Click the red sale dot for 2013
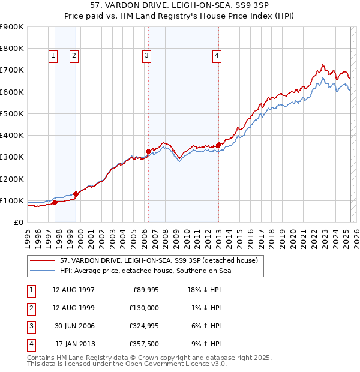pos(218,144)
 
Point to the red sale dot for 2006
pos(148,151)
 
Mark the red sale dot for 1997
pos(55,202)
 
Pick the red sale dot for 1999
pos(76,194)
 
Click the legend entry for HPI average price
pos(145,271)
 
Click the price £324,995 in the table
pos(143,326)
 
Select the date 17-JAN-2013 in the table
pos(74,344)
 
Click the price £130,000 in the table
pos(143,308)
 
